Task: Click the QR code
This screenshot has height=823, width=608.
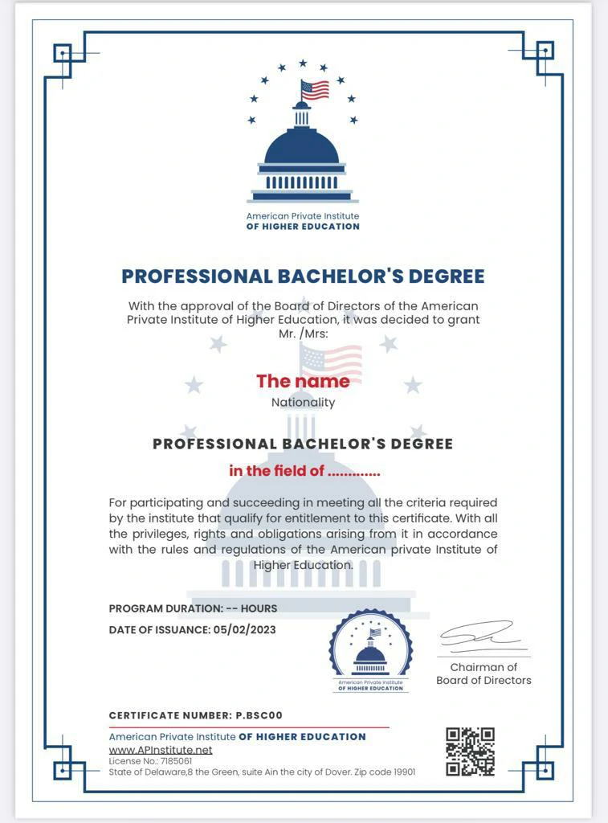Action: [470, 751]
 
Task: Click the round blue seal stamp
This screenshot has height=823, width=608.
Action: [370, 650]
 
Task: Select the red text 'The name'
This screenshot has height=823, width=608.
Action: [303, 381]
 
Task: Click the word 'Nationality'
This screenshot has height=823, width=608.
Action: [303, 402]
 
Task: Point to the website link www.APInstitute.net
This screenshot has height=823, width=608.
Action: [161, 750]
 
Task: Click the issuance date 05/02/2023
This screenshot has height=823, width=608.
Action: [244, 629]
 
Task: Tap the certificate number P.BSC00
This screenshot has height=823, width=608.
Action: [259, 715]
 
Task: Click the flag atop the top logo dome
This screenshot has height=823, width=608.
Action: [315, 89]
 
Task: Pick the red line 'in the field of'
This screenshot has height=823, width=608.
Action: [304, 471]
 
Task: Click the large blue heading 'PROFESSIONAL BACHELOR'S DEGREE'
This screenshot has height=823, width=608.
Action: [303, 276]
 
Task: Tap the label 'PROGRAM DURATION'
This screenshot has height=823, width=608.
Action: [165, 608]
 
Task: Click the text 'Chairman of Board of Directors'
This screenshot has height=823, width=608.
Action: [484, 674]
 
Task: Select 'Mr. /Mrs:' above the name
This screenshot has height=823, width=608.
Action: [303, 332]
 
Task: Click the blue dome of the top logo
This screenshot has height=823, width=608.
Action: [302, 146]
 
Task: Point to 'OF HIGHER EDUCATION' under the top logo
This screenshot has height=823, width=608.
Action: [303, 227]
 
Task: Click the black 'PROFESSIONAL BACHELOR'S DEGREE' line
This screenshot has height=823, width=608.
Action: [303, 444]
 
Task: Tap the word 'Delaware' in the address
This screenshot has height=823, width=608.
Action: [161, 772]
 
